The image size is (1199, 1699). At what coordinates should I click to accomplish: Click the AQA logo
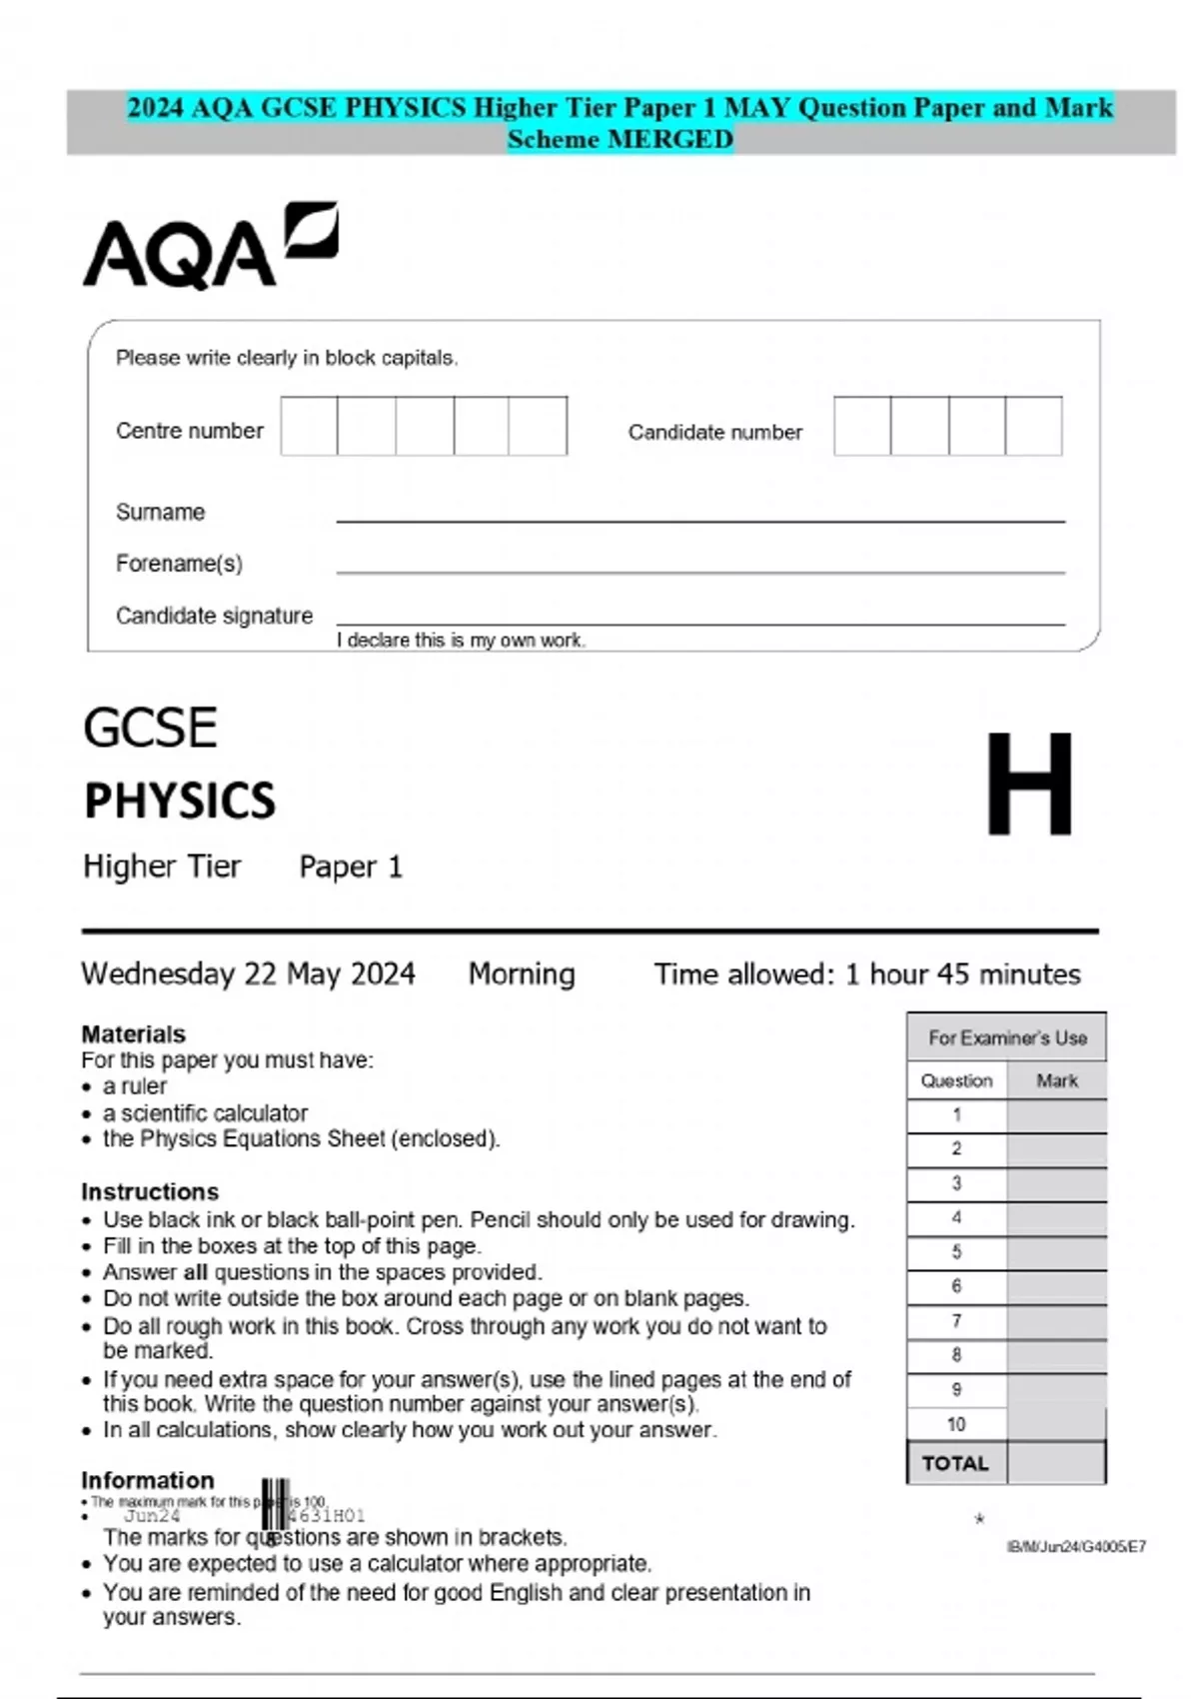pos(210,247)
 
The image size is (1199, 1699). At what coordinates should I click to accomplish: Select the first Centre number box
pos(309,426)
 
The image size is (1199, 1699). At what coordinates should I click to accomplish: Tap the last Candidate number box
pos(1033,426)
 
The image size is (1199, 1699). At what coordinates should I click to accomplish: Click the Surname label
pos(160,512)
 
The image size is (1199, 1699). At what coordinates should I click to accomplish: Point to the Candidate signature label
pos(214,616)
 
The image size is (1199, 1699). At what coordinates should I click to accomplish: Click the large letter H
pos(1029,785)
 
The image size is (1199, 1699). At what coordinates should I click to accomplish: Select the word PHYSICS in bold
pos(180,801)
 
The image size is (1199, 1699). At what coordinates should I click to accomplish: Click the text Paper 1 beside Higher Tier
pos(350,866)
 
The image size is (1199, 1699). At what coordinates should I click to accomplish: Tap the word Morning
pos(522,973)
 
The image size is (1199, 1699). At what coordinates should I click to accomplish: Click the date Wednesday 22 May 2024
pos(248,973)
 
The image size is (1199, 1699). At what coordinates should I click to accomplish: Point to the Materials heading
pos(133,1033)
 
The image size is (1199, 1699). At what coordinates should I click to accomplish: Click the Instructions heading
pos(149,1191)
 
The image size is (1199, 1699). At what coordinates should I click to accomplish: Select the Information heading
pos(147,1479)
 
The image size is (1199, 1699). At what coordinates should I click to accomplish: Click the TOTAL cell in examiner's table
pos(955,1463)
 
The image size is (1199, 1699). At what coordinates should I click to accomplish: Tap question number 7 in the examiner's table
pos(956,1321)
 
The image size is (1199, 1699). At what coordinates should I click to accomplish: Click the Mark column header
pos(1056,1080)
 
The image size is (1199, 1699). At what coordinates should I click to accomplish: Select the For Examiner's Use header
pos(1006,1037)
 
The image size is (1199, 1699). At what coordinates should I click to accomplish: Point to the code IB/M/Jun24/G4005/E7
pos(1075,1546)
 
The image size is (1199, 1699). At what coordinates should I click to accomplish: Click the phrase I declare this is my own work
pos(461,641)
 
